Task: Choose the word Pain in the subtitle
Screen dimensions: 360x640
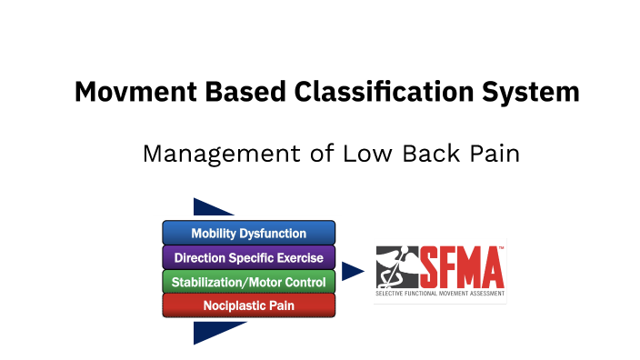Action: [x=495, y=154]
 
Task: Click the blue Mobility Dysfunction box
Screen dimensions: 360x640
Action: [x=248, y=233]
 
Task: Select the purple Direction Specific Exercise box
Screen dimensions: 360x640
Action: [x=248, y=257]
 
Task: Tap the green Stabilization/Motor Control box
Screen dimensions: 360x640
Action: [x=248, y=282]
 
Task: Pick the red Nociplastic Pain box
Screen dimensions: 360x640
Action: [x=248, y=305]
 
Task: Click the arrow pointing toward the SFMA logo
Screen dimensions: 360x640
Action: [x=353, y=271]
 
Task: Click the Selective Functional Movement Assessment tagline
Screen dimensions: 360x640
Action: [x=440, y=294]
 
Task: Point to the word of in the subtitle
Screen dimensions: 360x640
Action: [x=321, y=154]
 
